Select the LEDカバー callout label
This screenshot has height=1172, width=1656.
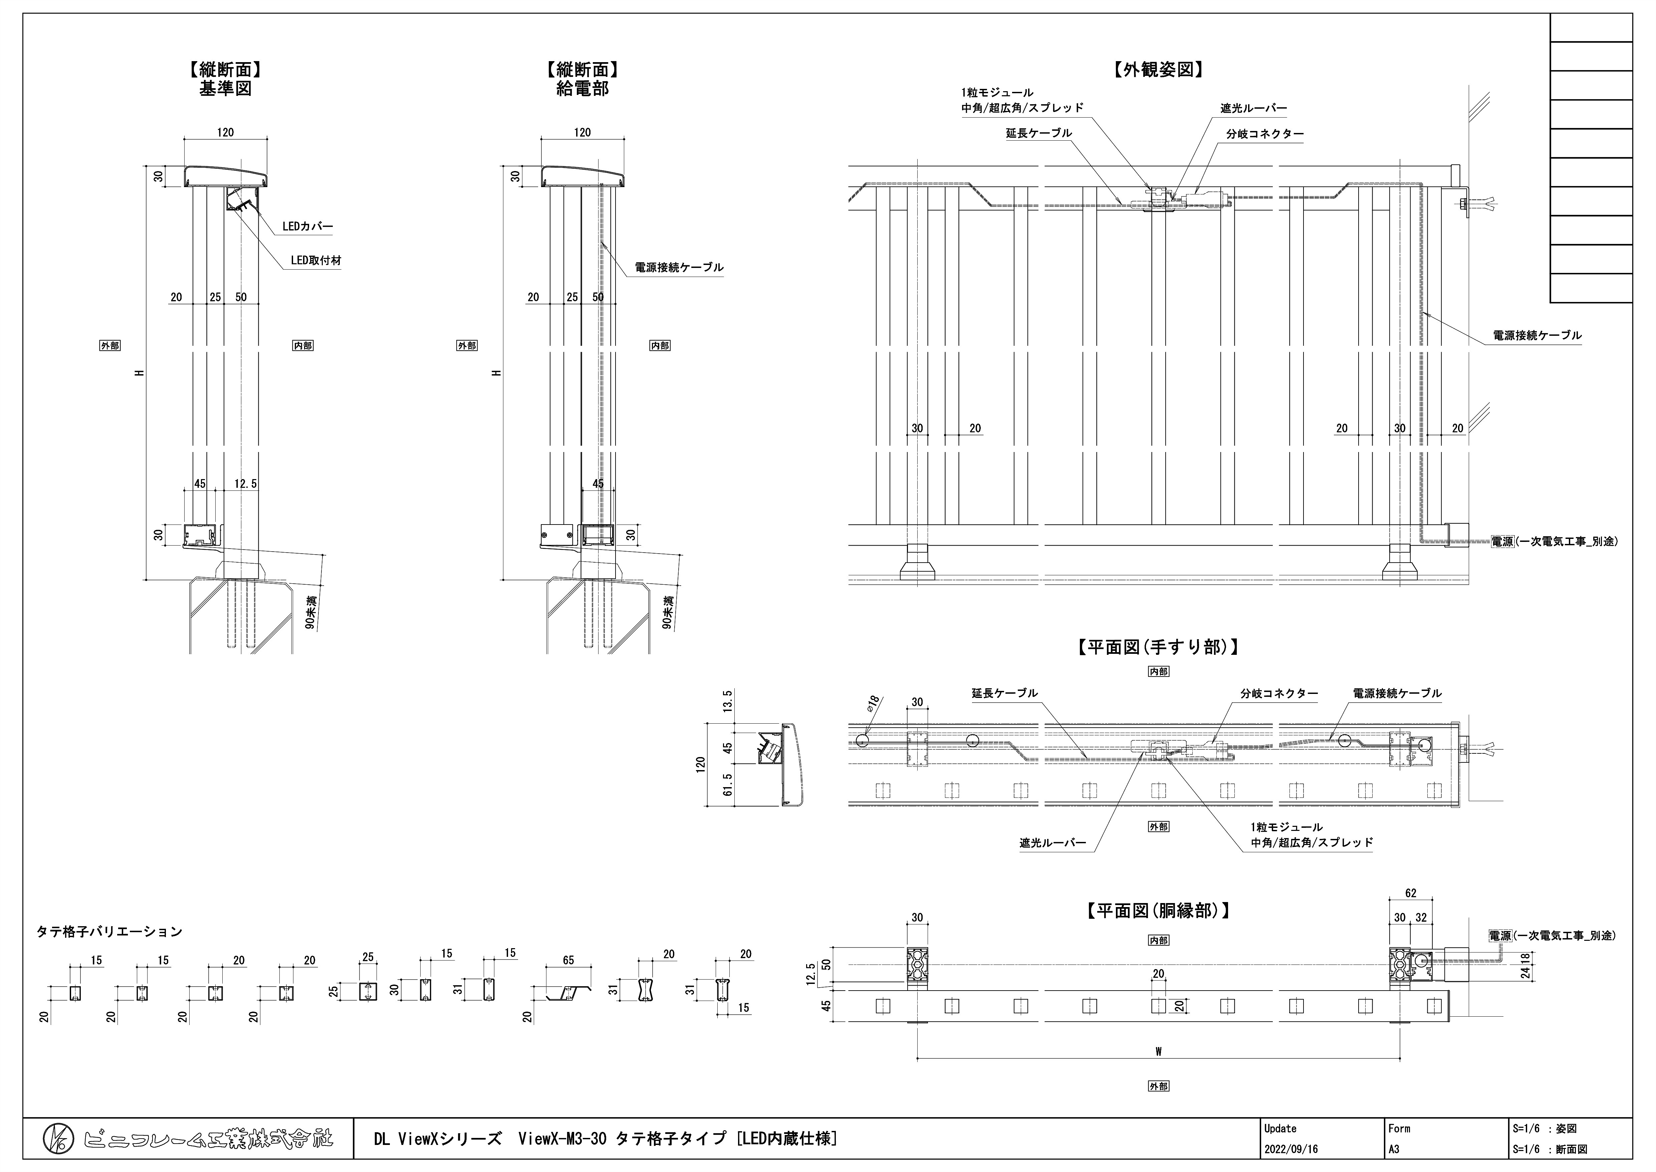click(307, 227)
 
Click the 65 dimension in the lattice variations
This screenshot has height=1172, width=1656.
click(568, 961)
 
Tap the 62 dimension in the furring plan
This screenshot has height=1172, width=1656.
click(1411, 893)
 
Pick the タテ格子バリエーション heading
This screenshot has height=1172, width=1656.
click(109, 932)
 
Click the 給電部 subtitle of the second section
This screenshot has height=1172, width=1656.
click(583, 89)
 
